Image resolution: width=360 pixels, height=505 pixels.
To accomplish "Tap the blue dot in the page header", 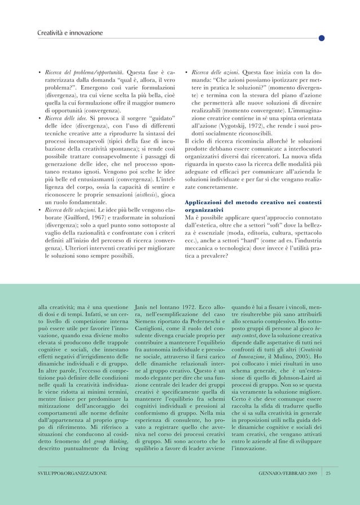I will click(x=321, y=38).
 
